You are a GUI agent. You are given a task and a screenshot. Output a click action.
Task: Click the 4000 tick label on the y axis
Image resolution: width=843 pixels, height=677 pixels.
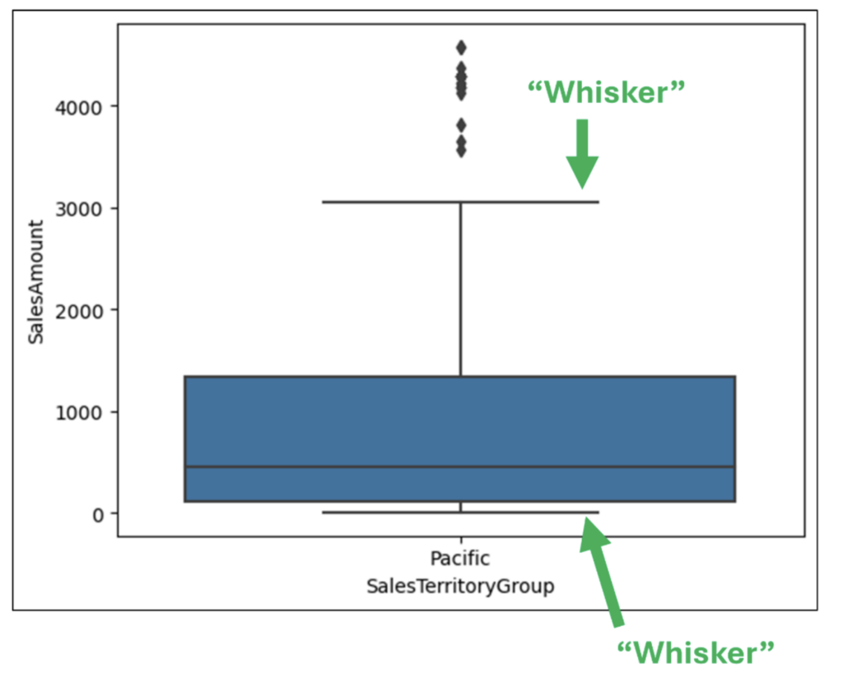(x=78, y=107)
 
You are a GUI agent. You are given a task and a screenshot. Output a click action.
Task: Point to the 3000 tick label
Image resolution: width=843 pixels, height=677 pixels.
(x=78, y=208)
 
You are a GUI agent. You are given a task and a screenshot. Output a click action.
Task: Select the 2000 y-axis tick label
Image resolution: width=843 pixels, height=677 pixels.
(x=78, y=310)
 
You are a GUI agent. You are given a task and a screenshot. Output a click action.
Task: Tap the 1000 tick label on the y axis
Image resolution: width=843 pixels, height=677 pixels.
(x=78, y=412)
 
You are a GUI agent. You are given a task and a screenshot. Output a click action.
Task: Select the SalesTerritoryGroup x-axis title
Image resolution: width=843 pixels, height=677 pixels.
(x=460, y=587)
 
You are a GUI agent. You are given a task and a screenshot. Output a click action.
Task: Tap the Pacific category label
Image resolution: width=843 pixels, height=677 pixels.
(x=460, y=559)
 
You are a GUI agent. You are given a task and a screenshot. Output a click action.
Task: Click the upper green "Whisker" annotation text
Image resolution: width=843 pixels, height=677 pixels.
(x=607, y=93)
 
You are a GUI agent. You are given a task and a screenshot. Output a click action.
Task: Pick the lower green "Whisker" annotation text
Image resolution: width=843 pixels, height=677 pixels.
(x=696, y=653)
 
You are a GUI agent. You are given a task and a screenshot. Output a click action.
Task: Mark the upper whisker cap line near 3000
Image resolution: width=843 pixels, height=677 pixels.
(x=460, y=202)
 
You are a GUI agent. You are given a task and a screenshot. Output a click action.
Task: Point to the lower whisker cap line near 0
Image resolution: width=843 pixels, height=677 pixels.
(x=460, y=512)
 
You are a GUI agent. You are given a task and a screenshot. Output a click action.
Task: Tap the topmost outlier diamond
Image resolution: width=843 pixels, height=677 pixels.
(x=461, y=48)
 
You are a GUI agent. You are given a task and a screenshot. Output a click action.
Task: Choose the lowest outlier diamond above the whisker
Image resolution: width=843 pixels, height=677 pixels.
(x=461, y=151)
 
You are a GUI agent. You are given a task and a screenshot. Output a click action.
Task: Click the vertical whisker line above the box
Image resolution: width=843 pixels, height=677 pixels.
(x=460, y=288)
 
